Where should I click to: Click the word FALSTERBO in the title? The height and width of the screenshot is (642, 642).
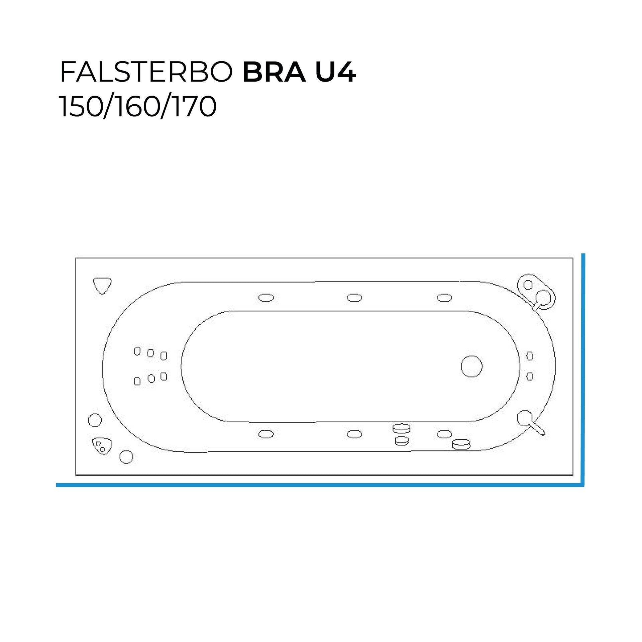click(146, 72)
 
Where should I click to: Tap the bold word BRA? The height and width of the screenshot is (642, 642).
click(274, 72)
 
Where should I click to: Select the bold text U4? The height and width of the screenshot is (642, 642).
click(335, 72)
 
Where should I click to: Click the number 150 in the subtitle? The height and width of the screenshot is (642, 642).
click(80, 106)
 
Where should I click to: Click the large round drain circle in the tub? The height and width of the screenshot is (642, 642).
click(471, 366)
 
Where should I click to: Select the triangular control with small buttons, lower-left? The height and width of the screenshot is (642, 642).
click(102, 446)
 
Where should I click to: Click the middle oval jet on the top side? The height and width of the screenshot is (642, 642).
click(354, 298)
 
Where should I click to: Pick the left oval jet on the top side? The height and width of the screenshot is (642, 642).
click(266, 298)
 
